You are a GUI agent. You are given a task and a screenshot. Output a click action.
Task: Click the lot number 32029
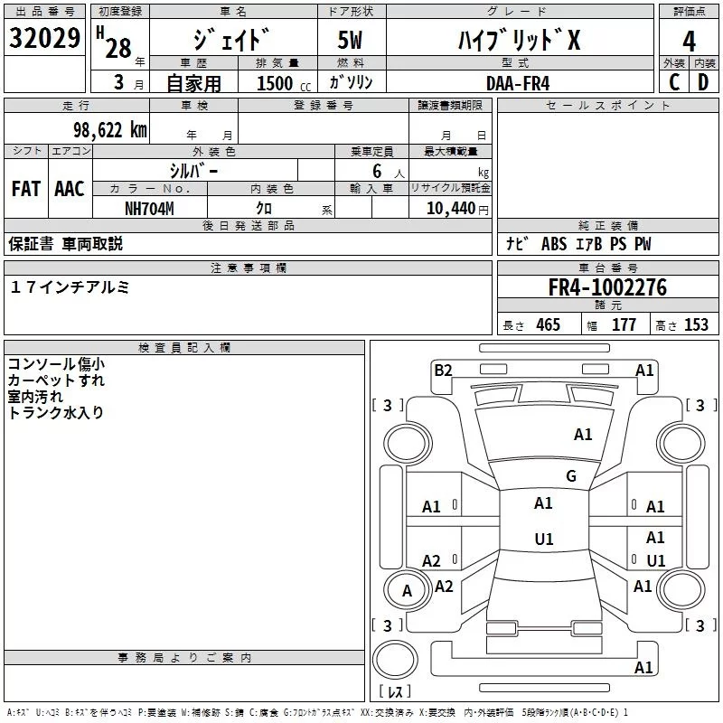pyautogui.click(x=44, y=38)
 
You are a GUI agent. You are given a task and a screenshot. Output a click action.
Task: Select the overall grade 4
pyautogui.click(x=689, y=42)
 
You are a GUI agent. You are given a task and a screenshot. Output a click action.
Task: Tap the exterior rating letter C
pyautogui.click(x=674, y=82)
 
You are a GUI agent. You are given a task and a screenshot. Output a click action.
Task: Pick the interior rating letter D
pyautogui.click(x=703, y=82)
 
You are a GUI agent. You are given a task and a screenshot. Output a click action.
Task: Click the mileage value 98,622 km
pyautogui.click(x=110, y=130)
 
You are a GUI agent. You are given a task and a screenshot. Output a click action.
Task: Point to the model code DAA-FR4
pyautogui.click(x=518, y=83)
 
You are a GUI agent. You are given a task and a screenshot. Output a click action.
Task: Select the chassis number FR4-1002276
pyautogui.click(x=607, y=287)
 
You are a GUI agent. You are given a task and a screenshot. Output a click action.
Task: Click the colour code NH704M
pyautogui.click(x=149, y=209)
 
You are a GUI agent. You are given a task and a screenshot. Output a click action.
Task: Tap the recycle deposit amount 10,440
pyautogui.click(x=450, y=209)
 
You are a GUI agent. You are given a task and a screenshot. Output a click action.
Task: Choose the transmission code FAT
pyautogui.click(x=26, y=189)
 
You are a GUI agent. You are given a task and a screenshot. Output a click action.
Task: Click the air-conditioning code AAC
pyautogui.click(x=70, y=189)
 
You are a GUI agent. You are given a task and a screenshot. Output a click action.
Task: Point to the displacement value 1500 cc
pyautogui.click(x=284, y=83)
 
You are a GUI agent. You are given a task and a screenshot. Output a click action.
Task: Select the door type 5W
pyautogui.click(x=350, y=40)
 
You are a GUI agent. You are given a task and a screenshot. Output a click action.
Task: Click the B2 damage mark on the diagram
pyautogui.click(x=443, y=371)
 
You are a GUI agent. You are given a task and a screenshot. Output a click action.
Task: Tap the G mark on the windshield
pyautogui.click(x=571, y=475)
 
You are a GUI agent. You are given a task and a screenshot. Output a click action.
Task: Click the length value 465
pyautogui.click(x=548, y=324)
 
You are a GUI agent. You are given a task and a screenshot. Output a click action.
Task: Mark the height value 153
pyautogui.click(x=696, y=324)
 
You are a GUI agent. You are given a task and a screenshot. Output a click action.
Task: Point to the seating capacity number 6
pyautogui.click(x=377, y=171)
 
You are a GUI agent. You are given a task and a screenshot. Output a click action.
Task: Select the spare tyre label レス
pyautogui.click(x=395, y=691)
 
